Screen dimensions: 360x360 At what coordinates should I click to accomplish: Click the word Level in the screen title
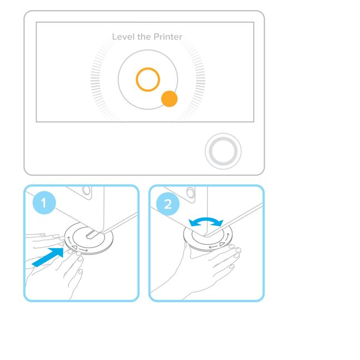[x=123, y=37]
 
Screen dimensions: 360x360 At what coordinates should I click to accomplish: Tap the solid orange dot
[x=169, y=99]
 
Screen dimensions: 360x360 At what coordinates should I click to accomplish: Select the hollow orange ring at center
[x=148, y=80]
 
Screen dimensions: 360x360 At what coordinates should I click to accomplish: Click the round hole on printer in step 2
[x=191, y=194]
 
